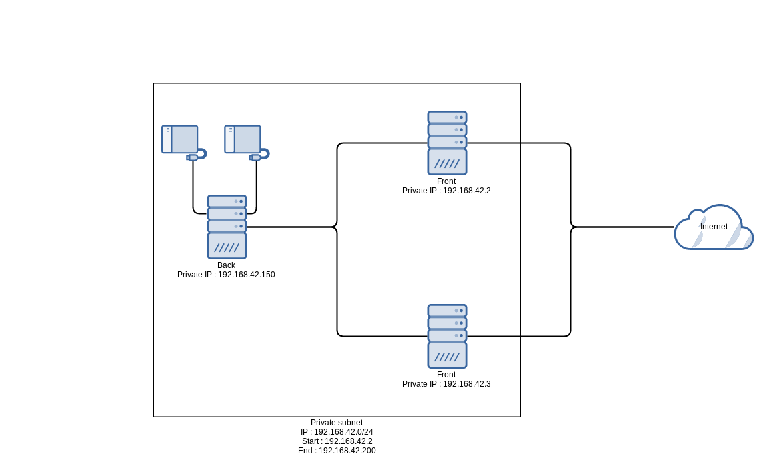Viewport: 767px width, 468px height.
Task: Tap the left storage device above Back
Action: pos(180,139)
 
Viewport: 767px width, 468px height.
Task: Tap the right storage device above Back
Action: pos(243,139)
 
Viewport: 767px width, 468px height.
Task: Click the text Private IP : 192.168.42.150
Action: pos(226,275)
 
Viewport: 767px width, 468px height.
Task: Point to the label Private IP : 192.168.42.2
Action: pos(446,191)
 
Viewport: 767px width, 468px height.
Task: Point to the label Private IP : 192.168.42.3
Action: pos(446,384)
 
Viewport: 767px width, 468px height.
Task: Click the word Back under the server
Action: pos(226,265)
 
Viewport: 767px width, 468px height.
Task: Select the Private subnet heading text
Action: pos(337,423)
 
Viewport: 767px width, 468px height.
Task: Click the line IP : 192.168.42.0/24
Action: pos(337,432)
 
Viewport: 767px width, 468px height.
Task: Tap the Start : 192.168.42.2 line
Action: pos(337,441)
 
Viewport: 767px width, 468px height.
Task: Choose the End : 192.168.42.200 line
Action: pos(337,451)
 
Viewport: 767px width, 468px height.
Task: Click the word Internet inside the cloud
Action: pos(714,227)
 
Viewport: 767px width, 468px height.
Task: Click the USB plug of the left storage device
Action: pos(193,157)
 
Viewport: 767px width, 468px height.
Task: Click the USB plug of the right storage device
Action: pos(255,157)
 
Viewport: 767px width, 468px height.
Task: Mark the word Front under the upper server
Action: pos(446,181)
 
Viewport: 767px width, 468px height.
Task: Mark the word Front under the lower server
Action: pos(446,375)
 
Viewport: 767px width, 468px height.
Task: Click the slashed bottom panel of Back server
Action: pos(227,246)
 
